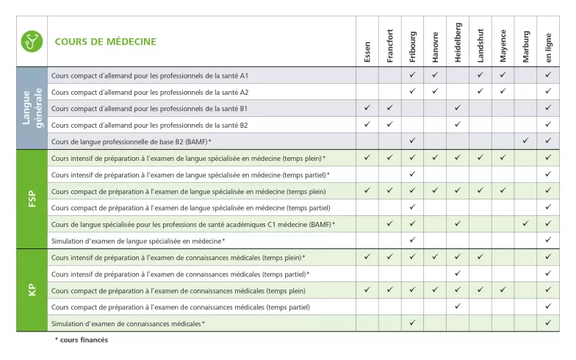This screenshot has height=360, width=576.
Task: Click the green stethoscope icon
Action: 32,41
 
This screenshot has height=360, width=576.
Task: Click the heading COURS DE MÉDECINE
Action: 105,42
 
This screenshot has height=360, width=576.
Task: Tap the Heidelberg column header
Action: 458,43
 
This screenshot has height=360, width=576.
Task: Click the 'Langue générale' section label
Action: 32,108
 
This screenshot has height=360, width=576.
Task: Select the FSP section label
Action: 32,199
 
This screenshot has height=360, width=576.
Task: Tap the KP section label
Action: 32,290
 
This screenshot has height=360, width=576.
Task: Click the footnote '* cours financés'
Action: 82,340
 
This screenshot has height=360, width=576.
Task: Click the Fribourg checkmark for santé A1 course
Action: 413,75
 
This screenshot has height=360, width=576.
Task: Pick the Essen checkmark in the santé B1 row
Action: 367,108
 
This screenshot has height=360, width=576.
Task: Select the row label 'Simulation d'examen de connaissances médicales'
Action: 128,323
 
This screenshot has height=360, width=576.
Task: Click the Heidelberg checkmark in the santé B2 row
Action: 458,124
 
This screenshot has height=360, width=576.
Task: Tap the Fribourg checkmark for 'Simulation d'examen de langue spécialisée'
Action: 413,240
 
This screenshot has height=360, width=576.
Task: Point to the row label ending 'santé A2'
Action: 150,92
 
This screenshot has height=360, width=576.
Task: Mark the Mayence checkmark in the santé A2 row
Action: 503,91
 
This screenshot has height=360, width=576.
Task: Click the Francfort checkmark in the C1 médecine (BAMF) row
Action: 390,223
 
